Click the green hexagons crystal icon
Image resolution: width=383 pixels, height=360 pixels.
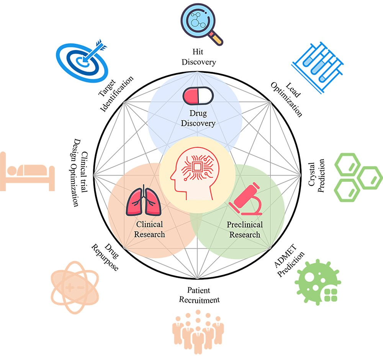coord(357,176)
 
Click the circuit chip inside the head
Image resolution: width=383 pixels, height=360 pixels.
coord(198,168)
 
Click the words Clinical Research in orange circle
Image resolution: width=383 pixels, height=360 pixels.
coord(149,229)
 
